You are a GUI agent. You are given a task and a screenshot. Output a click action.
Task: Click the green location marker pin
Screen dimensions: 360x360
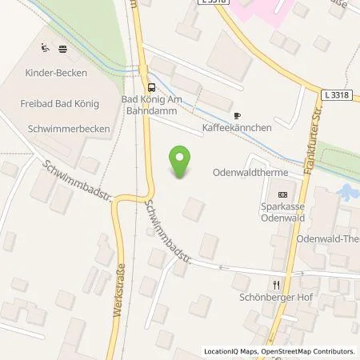[182, 162]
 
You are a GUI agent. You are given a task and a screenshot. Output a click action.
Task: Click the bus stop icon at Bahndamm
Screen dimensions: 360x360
[150, 87]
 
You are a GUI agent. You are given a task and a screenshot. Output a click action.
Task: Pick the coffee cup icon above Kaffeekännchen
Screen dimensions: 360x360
[237, 115]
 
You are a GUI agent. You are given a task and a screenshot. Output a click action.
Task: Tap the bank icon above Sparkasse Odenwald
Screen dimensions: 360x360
[281, 194]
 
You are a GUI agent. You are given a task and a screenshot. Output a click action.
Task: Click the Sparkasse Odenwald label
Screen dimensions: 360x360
[281, 211]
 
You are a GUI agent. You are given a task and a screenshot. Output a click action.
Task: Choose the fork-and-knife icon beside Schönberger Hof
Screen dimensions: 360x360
[276, 284]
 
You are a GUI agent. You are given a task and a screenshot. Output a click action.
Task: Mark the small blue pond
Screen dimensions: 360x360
[347, 192]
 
